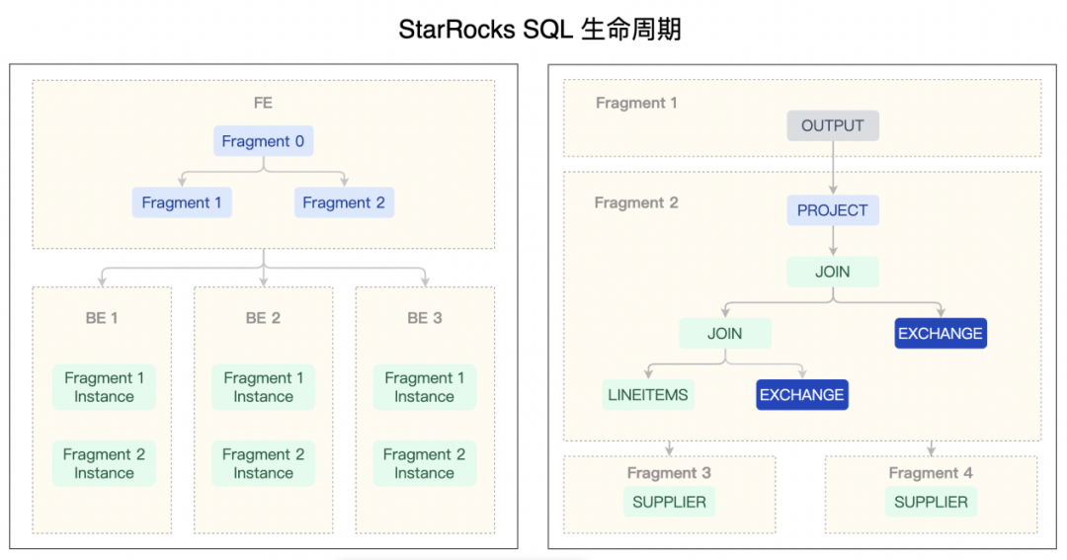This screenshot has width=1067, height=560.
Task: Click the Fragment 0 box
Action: (x=263, y=141)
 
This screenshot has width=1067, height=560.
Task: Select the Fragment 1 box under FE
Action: (x=182, y=202)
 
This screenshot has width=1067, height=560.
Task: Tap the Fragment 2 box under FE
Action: (x=344, y=202)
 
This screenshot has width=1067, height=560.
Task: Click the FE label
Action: (x=263, y=103)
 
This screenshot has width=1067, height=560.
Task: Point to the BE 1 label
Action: (x=102, y=318)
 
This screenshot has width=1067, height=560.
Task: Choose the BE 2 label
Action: (x=263, y=318)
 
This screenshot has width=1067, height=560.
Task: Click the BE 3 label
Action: (x=425, y=318)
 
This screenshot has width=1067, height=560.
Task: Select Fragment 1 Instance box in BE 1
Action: (x=104, y=387)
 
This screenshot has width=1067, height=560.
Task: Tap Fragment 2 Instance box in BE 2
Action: (x=263, y=464)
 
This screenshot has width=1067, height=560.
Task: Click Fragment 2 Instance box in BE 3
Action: (x=425, y=464)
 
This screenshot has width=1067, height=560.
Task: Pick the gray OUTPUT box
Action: (x=833, y=125)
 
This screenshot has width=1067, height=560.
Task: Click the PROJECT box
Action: (x=833, y=210)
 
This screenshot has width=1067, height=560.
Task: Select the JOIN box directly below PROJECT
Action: (x=833, y=272)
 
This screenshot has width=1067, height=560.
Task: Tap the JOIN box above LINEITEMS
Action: (x=724, y=333)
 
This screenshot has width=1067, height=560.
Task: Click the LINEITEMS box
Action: (x=648, y=394)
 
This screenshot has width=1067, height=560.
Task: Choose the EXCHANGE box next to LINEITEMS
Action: (x=802, y=394)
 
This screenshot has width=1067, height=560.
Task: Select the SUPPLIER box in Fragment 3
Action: (x=670, y=502)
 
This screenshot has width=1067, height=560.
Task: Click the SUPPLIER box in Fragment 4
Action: (x=931, y=502)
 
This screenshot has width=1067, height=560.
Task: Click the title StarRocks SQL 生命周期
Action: (x=539, y=30)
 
